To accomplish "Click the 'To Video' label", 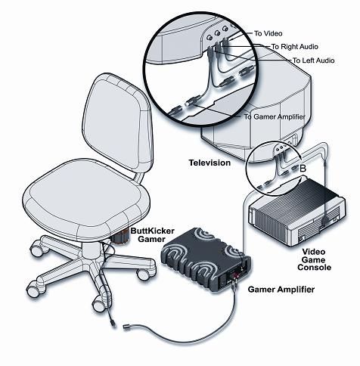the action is [x=268, y=33].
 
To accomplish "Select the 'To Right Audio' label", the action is [x=294, y=47].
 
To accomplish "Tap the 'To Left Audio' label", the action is [x=313, y=60].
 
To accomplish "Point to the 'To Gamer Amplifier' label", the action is [x=275, y=116].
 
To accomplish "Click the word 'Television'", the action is [x=209, y=163].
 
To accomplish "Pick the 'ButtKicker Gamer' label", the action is [x=152, y=235].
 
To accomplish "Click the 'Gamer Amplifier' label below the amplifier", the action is [x=281, y=289].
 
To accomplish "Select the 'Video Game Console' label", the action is [x=314, y=259].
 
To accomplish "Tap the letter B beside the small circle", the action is [x=303, y=168].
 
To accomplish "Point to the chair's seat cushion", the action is [x=85, y=199].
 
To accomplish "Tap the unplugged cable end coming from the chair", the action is [x=113, y=324].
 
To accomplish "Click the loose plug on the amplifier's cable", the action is [x=126, y=327].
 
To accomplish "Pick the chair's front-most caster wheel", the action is [x=99, y=303].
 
